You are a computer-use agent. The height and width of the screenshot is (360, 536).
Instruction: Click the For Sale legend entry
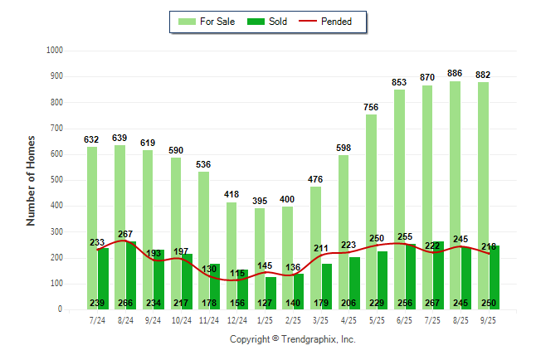pyautogui.click(x=207, y=22)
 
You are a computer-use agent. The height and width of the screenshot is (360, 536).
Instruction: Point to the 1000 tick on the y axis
pyautogui.click(x=54, y=51)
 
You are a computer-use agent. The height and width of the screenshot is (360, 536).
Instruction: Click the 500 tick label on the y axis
pyautogui.click(x=56, y=180)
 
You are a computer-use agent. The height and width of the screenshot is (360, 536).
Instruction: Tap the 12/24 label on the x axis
pyautogui.click(x=237, y=319)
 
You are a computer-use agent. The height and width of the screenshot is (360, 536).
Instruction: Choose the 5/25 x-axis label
pyautogui.click(x=377, y=319)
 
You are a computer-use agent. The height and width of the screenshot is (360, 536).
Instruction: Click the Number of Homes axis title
pyautogui.click(x=31, y=180)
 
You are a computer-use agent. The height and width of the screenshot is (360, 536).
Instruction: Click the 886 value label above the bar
pyautogui.click(x=455, y=74)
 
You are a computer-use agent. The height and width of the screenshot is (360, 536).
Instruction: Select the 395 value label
pyautogui.click(x=260, y=201)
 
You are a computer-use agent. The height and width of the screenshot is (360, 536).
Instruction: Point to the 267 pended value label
pyautogui.click(x=124, y=234)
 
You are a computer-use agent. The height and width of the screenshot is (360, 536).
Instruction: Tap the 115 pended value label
pyautogui.click(x=238, y=273)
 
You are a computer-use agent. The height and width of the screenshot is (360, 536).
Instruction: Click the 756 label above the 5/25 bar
pyautogui.click(x=371, y=107)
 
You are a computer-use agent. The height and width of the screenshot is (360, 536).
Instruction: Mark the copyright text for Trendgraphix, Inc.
pyautogui.click(x=292, y=339)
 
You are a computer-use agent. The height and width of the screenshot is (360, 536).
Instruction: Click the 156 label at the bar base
pyautogui.click(x=237, y=304)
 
